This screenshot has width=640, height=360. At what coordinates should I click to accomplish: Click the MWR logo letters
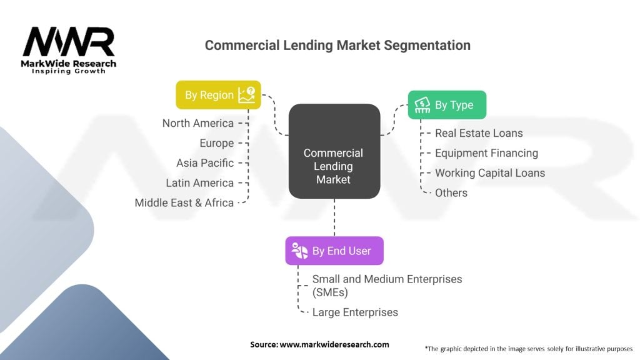[x=69, y=43]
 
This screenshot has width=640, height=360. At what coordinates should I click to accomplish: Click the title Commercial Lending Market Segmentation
[x=337, y=45]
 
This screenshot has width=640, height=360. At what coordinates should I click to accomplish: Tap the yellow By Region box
[x=218, y=95]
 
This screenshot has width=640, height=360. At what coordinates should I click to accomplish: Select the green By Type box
[x=447, y=105]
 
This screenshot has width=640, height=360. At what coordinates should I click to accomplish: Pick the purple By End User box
[x=334, y=251]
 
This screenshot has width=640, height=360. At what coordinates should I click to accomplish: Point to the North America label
[x=197, y=123]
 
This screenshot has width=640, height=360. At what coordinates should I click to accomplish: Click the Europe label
[x=216, y=143]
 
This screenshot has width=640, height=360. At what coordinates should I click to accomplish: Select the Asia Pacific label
[x=205, y=163]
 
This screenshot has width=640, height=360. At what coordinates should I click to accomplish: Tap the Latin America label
[x=199, y=183]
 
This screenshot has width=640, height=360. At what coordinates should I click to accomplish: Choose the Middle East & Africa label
[x=184, y=203]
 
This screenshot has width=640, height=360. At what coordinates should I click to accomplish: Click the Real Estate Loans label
[x=479, y=133]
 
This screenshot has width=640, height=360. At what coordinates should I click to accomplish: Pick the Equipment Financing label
[x=486, y=153]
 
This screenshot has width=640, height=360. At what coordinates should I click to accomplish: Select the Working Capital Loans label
[x=490, y=173]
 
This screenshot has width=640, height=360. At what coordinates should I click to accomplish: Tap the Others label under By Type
[x=451, y=192]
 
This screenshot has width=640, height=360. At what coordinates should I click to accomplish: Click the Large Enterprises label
[x=355, y=312]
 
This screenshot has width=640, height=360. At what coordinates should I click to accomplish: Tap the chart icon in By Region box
[x=246, y=95]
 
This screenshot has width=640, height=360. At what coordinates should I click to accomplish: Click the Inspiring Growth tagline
[x=69, y=71]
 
